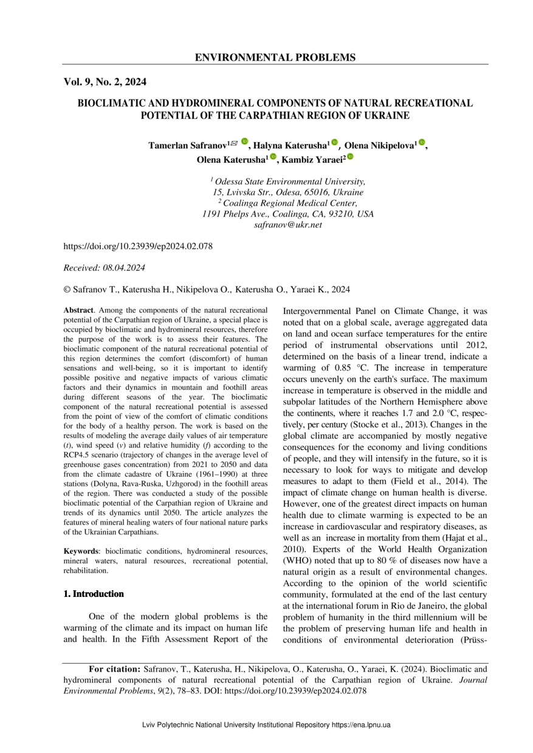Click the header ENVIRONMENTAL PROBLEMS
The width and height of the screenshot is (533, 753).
pos(275,58)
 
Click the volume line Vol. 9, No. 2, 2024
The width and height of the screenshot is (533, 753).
pos(105,81)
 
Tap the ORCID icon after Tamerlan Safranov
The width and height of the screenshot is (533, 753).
pos(244,141)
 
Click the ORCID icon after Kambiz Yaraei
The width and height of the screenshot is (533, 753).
pos(350,157)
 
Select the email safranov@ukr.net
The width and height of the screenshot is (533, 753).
pos(288,225)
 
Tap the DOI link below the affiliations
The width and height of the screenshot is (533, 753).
pos(138,247)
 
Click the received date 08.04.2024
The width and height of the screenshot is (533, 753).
pos(123,267)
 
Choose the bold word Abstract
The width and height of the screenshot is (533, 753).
pos(78,310)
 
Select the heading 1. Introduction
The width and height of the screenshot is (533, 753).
pos(94,594)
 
